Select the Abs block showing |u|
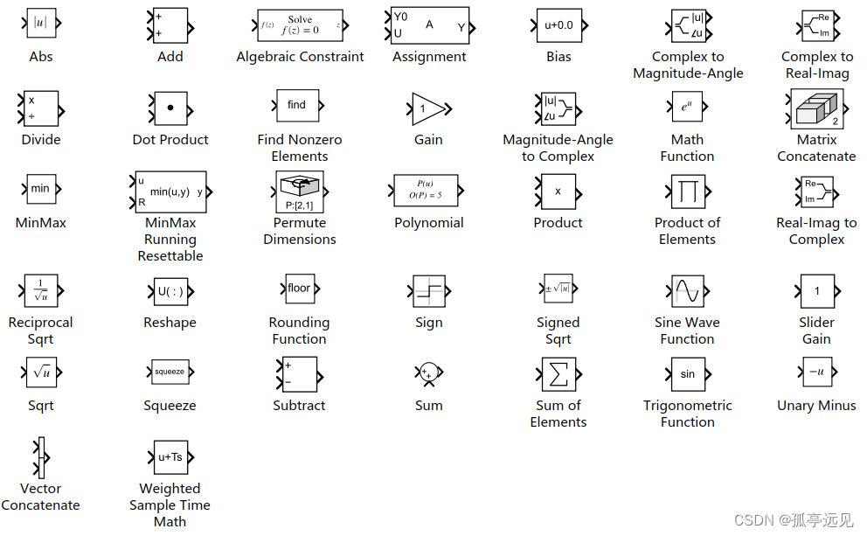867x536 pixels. point(40,24)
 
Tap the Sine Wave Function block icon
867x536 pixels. point(687,290)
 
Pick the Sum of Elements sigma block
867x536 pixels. point(558,374)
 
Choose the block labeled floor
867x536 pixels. point(299,289)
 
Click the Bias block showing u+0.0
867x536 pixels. point(558,25)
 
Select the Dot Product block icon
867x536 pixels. point(170,108)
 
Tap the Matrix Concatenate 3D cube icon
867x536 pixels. point(816,109)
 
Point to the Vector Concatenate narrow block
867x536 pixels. point(41,457)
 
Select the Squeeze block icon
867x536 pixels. point(170,372)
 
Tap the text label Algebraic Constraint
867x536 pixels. point(300,57)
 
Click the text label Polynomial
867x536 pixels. point(428,223)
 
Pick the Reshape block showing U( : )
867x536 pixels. point(170,291)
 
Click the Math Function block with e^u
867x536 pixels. point(687,108)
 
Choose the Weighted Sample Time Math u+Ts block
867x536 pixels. point(170,457)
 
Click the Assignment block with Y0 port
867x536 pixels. point(429,25)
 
